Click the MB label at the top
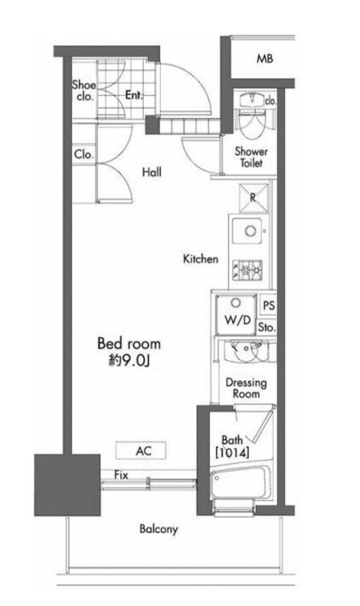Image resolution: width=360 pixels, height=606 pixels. (264, 59)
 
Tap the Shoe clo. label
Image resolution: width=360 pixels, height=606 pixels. (84, 91)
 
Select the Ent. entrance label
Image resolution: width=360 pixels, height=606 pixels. (134, 95)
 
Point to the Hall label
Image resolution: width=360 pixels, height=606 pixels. (152, 172)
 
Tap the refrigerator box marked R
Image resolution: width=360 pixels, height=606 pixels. (254, 198)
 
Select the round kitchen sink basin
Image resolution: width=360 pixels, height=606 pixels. (251, 231)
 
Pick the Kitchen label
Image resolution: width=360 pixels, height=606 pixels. (201, 259)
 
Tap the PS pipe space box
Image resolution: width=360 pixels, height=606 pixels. (269, 305)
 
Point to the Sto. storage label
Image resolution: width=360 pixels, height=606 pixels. (266, 327)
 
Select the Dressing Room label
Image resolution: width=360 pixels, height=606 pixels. (246, 388)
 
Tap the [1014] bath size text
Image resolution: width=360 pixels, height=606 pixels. (232, 453)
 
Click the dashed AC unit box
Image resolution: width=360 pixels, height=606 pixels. (141, 450)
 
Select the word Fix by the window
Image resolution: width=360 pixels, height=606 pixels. (121, 475)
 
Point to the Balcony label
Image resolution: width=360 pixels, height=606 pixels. (159, 529)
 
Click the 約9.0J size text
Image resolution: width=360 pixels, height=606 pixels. (129, 361)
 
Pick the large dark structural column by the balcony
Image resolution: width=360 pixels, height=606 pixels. (67, 485)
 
